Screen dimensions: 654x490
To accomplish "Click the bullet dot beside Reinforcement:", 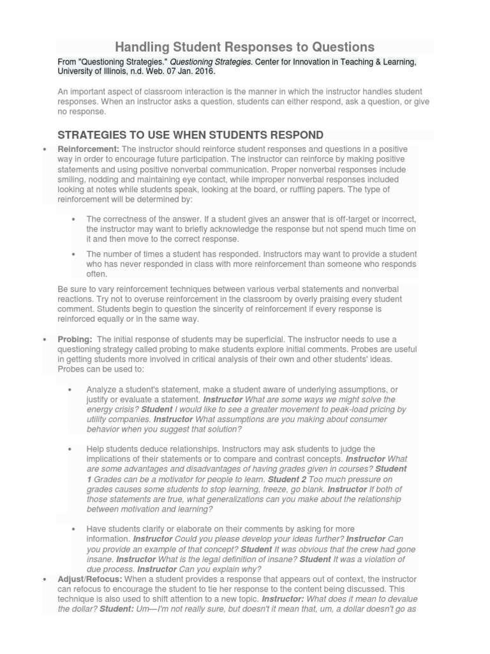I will [44, 149].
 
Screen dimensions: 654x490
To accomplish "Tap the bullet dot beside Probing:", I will [44, 339].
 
